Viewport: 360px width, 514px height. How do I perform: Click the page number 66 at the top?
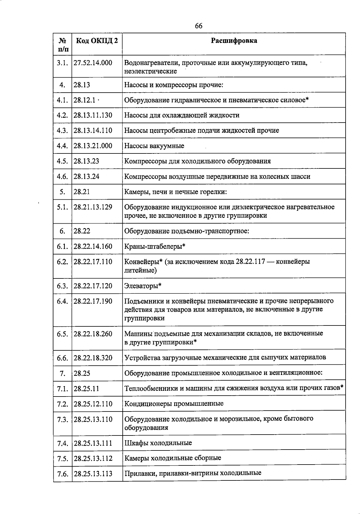tap(199, 26)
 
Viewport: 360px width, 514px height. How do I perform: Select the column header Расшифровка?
tap(234, 41)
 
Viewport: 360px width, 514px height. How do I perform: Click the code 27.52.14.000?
tap(93, 63)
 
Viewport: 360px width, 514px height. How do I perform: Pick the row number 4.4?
tap(62, 146)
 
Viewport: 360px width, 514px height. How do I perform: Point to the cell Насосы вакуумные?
tap(154, 146)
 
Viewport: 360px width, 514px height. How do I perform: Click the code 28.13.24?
tap(86, 177)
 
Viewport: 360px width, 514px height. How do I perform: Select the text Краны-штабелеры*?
tap(155, 246)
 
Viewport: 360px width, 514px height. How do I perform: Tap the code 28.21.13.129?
tap(93, 207)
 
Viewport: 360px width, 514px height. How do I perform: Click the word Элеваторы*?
tap(143, 286)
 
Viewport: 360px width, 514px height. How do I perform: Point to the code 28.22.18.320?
tap(93, 358)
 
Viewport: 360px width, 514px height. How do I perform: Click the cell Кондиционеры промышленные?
tap(174, 404)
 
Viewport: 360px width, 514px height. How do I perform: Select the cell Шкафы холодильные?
tap(158, 443)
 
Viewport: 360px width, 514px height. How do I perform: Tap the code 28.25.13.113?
tap(93, 474)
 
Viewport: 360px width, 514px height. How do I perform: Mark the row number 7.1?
tap(62, 389)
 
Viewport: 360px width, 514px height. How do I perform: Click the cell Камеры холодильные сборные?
tap(172, 458)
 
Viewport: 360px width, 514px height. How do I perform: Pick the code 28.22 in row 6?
tap(82, 231)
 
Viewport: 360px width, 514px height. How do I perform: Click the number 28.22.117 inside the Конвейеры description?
tap(250, 262)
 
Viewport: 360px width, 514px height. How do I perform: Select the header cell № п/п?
tap(62, 44)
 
